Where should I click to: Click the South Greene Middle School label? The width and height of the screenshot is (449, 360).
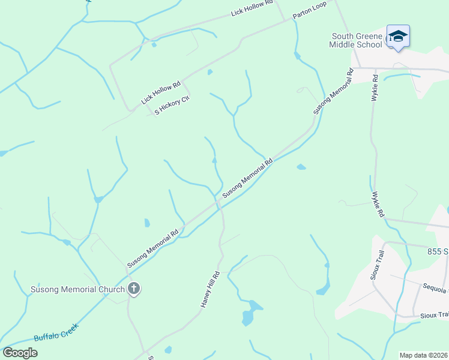click(x=355, y=40)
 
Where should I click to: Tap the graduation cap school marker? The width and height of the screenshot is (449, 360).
click(x=398, y=37)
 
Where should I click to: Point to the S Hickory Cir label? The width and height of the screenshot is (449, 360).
click(x=172, y=104)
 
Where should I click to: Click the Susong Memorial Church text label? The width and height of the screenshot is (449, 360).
click(x=77, y=290)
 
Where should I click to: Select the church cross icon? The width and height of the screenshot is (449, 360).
click(x=134, y=289)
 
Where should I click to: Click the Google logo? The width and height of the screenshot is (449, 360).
click(x=20, y=353)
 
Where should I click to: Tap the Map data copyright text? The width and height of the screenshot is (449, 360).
click(x=423, y=355)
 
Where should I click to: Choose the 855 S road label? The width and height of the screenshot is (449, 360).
click(x=438, y=251)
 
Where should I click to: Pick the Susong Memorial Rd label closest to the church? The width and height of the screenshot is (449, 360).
click(x=153, y=248)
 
